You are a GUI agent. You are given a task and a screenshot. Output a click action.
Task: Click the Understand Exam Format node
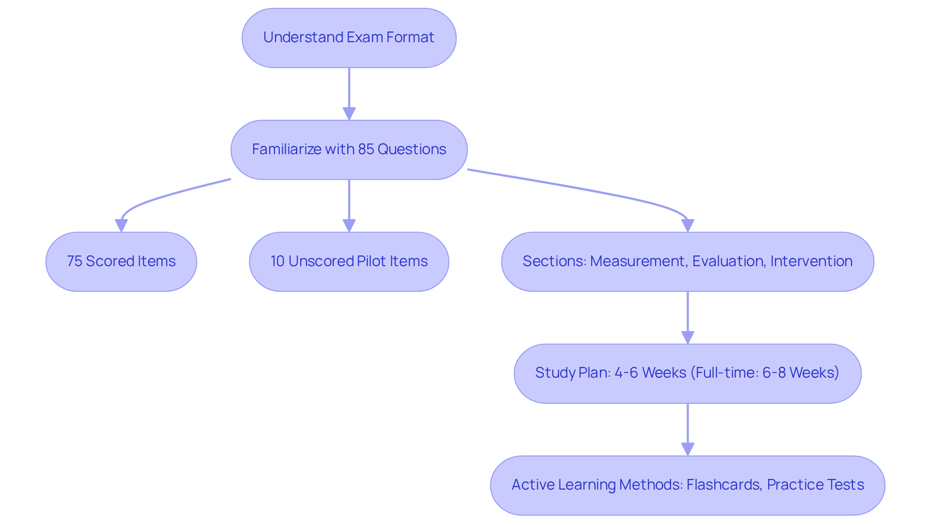click(x=349, y=38)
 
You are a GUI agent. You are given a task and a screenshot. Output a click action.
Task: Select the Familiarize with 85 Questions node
click(x=349, y=150)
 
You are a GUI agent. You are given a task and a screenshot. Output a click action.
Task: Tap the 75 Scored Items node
click(x=121, y=262)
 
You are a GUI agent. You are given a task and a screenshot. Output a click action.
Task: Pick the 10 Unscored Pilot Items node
click(x=349, y=262)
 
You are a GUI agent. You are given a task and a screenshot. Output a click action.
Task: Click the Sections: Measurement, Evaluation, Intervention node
click(x=687, y=262)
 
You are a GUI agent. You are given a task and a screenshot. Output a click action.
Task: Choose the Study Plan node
click(x=687, y=373)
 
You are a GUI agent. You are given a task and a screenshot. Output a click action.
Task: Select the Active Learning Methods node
click(x=687, y=485)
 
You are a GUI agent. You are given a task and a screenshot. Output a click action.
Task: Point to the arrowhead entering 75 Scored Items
click(x=121, y=225)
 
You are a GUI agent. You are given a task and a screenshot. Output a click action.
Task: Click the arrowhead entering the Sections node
click(x=687, y=225)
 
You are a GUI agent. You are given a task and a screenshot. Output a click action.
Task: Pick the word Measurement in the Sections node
click(x=638, y=261)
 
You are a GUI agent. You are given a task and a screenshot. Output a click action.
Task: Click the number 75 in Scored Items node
click(x=74, y=261)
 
